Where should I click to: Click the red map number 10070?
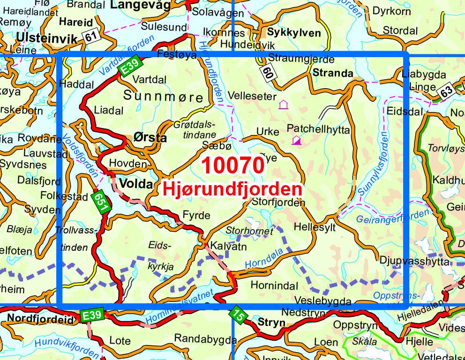tap(232, 166)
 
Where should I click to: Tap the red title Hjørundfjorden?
tap(232, 189)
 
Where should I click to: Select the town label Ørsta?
tap(150, 138)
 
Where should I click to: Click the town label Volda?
tap(136, 184)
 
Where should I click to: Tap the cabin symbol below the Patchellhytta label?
tap(296, 140)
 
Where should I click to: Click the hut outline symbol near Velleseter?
tap(283, 105)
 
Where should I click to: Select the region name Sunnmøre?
tap(164, 97)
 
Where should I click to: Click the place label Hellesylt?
tap(315, 226)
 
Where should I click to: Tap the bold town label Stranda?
tap(333, 73)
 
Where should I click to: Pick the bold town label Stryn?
tap(271, 322)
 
